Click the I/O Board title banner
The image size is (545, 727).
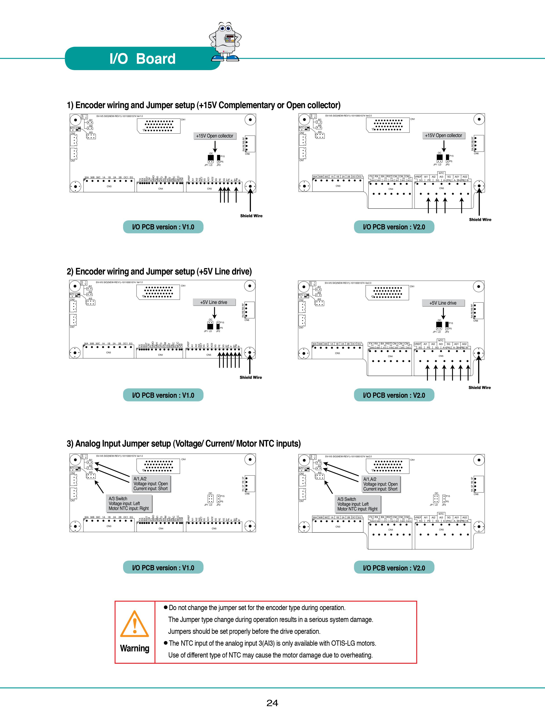pyautogui.click(x=142, y=58)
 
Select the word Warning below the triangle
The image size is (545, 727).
pyautogui.click(x=134, y=648)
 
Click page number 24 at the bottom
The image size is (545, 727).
pyautogui.click(x=272, y=703)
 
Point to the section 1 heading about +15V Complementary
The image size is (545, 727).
pyautogui.click(x=203, y=105)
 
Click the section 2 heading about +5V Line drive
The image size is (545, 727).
pyautogui.click(x=159, y=271)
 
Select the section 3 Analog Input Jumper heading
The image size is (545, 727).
pyautogui.click(x=184, y=444)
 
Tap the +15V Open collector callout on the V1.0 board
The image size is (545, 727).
pyautogui.click(x=215, y=136)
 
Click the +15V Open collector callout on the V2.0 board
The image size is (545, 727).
pyautogui.click(x=443, y=135)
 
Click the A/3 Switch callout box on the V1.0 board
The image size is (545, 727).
pyautogui.click(x=129, y=503)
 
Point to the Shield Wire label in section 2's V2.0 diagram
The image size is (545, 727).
pyautogui.click(x=479, y=387)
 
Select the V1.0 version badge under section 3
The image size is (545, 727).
pyautogui.click(x=163, y=568)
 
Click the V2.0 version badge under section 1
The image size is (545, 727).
pyautogui.click(x=394, y=227)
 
